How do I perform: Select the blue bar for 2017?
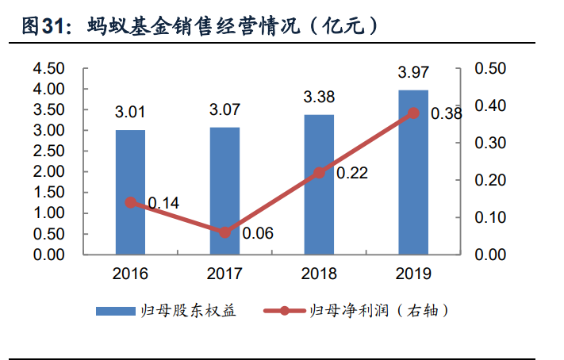224,190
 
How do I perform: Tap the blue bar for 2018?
319,184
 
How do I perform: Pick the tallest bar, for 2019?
412,172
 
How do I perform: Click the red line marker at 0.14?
130,202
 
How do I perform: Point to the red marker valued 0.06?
224,232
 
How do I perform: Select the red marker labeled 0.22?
319,173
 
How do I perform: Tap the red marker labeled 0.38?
412,113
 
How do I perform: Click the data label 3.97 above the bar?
412,73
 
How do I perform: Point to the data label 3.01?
130,109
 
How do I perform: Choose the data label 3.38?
319,98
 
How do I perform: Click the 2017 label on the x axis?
224,274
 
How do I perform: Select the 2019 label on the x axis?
412,274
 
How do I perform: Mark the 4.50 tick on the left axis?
48,69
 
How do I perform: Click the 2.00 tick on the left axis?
48,172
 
